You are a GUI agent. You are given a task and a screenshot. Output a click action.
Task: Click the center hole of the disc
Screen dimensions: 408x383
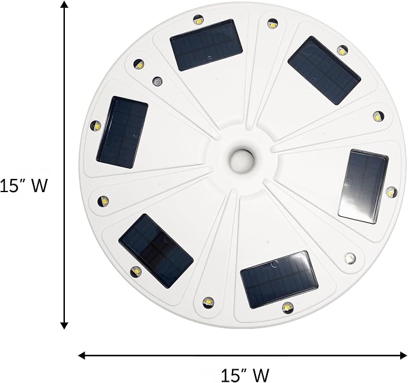point(242,160)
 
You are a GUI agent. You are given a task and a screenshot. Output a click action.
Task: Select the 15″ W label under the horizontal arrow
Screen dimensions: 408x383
point(245,375)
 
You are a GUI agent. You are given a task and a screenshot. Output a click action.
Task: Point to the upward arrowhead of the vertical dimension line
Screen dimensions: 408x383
point(64,4)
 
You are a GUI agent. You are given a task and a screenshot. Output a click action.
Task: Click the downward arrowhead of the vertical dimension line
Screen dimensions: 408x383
point(64,325)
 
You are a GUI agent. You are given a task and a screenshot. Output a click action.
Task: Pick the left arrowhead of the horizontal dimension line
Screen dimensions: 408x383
point(82,355)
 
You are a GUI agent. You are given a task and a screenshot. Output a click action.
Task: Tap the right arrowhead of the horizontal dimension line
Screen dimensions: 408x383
point(404,355)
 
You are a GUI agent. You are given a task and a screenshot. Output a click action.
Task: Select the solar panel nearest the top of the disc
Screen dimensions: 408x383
point(206,45)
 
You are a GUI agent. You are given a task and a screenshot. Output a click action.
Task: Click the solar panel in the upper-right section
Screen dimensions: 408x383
point(324,70)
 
